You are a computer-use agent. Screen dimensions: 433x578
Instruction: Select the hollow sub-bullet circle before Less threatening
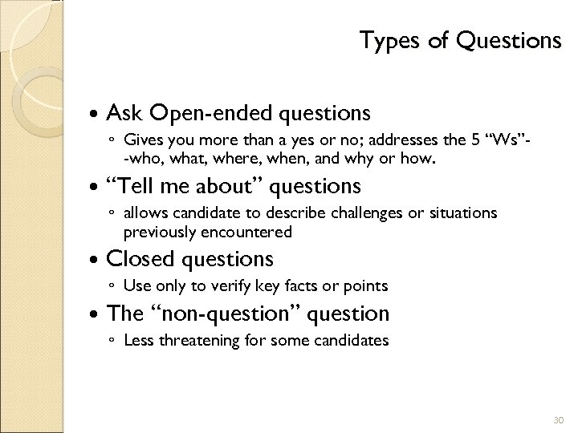112,341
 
